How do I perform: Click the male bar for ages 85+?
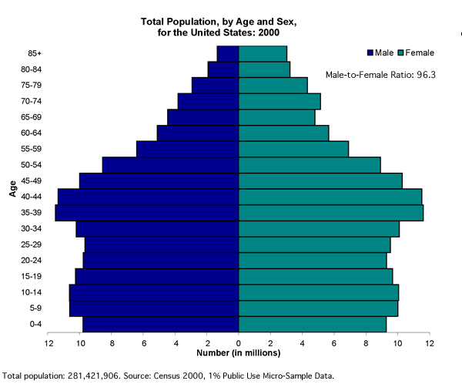(228, 53)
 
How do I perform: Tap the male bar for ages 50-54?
(170, 164)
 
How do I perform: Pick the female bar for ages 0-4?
(313, 324)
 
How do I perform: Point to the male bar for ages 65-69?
(203, 116)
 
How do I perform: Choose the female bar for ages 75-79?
(273, 85)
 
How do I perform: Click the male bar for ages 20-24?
(161, 260)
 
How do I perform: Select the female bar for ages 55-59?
(293, 149)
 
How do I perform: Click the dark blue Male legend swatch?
(370, 52)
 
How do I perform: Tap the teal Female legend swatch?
(400, 52)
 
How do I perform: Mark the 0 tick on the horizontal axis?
(239, 342)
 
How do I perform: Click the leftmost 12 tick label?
(50, 342)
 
